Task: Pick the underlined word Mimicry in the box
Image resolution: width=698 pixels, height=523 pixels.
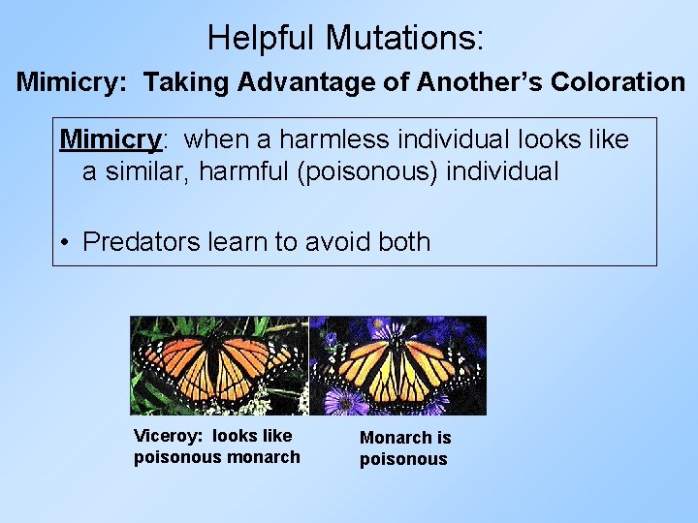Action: coord(110,139)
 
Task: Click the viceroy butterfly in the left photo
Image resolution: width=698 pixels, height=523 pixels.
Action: coord(219,364)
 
